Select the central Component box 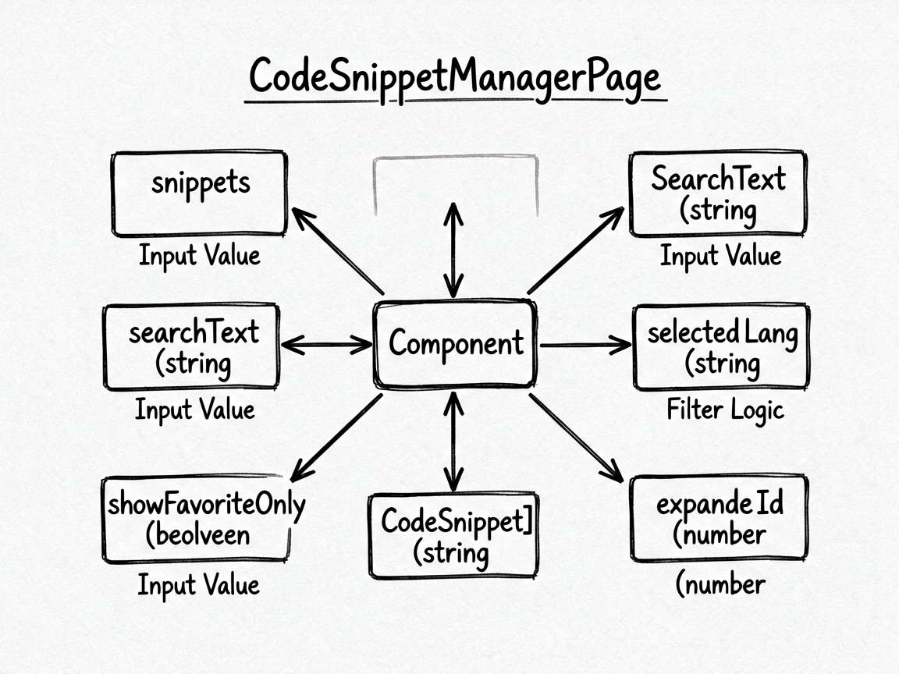[x=455, y=344]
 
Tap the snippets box [x=200, y=193]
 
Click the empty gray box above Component [x=456, y=157]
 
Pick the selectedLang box [x=721, y=347]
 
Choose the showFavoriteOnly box [x=196, y=519]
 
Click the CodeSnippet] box [x=454, y=535]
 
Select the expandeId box [x=719, y=517]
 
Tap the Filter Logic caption [x=725, y=410]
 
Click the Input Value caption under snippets [x=200, y=256]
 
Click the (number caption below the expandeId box [x=720, y=584]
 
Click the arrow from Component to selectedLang [x=585, y=345]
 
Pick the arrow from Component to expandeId [x=576, y=438]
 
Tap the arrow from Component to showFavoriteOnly [x=336, y=438]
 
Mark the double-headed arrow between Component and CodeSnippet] [x=453, y=442]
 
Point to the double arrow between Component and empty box [x=453, y=250]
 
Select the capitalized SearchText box [x=718, y=193]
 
